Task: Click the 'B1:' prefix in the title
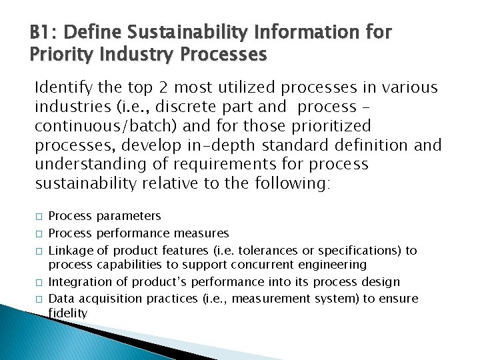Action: pos(43,31)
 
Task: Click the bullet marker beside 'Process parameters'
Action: pos(39,217)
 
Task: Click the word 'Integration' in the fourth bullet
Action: pos(75,282)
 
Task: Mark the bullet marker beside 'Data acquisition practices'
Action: pos(39,299)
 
